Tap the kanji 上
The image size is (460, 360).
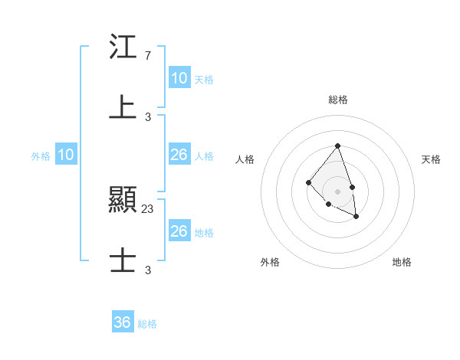coord(123,106)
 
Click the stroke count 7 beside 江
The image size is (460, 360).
coord(147,56)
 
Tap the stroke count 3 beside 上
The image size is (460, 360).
coord(148,116)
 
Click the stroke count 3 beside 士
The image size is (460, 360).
coord(148,270)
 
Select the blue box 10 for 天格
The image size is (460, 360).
coord(179,78)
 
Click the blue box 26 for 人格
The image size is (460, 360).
coord(179,155)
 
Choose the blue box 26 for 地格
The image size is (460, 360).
coord(179,231)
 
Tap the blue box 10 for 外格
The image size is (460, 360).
coord(66,155)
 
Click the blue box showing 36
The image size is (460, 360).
coord(123,322)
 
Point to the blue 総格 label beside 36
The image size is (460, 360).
coord(147,324)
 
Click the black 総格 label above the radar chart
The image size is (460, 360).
coord(337,100)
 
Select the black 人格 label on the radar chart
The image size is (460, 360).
coord(245,159)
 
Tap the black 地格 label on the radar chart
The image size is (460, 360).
coord(402,262)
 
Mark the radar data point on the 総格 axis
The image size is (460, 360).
coord(337,146)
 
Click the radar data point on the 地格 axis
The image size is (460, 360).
coord(356,217)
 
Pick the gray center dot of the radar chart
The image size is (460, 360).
coord(337,191)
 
